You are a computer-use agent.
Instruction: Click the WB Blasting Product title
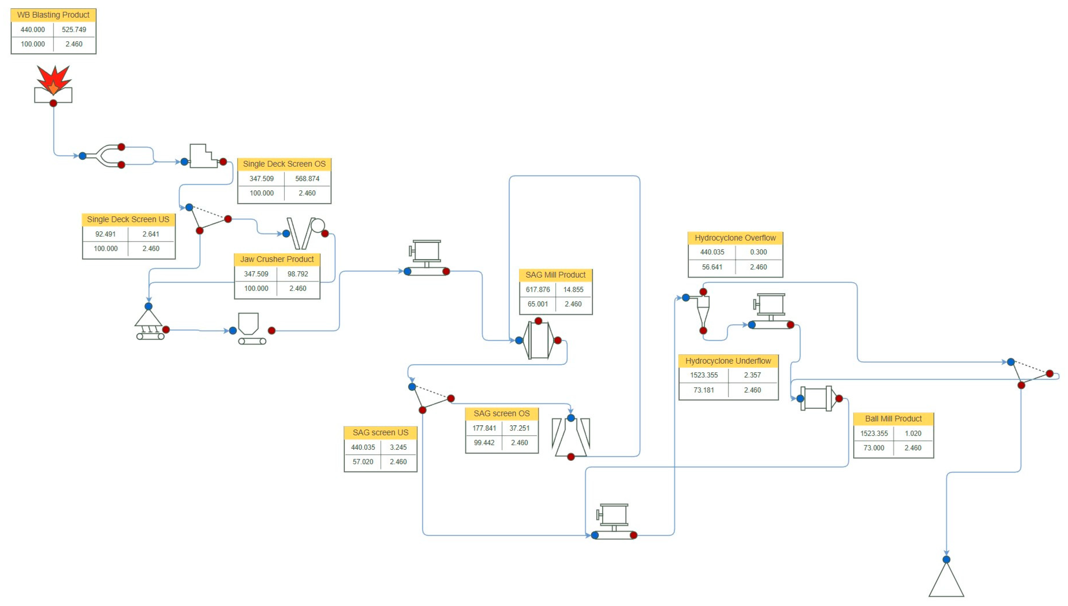coord(53,15)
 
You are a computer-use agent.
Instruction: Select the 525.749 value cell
coord(74,30)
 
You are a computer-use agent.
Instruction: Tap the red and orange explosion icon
coord(53,80)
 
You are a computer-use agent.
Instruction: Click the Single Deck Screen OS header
coord(284,164)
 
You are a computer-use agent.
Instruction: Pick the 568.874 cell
coord(307,179)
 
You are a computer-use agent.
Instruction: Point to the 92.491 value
coord(105,234)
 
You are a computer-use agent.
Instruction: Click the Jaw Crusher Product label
coord(277,259)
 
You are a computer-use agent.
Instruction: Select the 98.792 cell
coord(298,274)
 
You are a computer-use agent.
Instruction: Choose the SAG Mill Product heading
coord(555,275)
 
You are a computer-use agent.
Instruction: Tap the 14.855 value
coord(573,289)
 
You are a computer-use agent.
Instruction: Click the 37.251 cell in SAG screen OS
coord(519,428)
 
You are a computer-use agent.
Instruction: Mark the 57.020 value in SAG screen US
coord(363,461)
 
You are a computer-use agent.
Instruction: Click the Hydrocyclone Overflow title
coord(735,238)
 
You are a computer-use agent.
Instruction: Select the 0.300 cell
coord(758,252)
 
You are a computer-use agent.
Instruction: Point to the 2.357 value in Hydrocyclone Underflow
coord(752,375)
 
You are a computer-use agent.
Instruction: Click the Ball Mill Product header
coord(893,419)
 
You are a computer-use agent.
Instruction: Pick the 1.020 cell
coord(913,433)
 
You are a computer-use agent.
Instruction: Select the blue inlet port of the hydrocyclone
coord(685,298)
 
